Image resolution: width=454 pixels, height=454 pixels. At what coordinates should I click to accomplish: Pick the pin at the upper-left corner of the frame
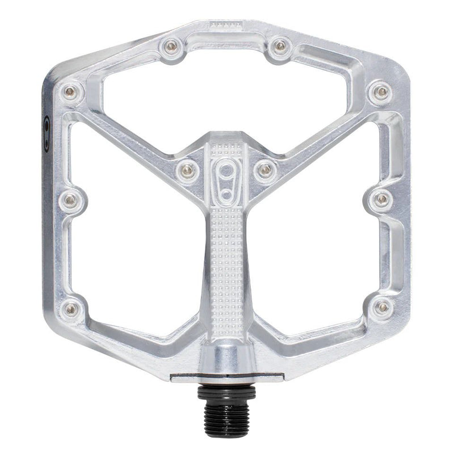(x=70, y=91)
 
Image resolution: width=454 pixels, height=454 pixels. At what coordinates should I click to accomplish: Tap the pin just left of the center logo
(x=187, y=169)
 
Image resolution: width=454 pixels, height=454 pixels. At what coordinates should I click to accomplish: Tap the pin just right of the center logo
(x=265, y=169)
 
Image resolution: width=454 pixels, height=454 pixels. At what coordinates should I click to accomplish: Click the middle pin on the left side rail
(x=70, y=199)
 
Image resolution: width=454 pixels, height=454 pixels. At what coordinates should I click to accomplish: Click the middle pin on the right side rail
(x=382, y=199)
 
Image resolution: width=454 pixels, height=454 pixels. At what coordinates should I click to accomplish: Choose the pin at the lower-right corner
(x=382, y=308)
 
